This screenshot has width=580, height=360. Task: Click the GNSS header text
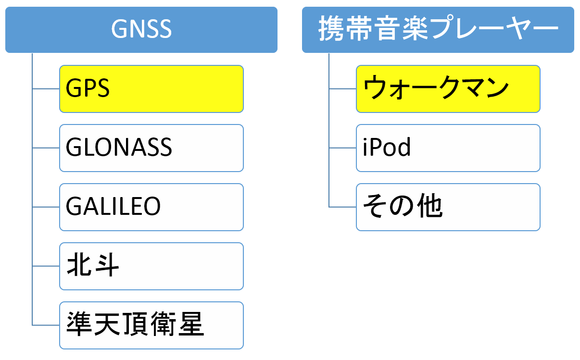(x=141, y=29)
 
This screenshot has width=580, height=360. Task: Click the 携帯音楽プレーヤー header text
(x=438, y=28)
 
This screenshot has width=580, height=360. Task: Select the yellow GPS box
(x=151, y=89)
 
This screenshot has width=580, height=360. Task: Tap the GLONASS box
(x=151, y=148)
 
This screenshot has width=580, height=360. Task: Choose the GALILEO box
(x=151, y=207)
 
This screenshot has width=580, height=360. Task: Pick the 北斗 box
(x=151, y=266)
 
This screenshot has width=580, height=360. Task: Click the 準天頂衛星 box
(x=151, y=325)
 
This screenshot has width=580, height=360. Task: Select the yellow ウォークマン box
(x=448, y=89)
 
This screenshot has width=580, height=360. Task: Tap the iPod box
(x=448, y=148)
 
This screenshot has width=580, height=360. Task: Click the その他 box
(x=448, y=207)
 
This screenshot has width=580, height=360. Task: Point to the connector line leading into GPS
(x=46, y=89)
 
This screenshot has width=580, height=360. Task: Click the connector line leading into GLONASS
(x=46, y=148)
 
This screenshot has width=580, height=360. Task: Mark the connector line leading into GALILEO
(x=46, y=207)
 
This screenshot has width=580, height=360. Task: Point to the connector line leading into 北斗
(x=46, y=266)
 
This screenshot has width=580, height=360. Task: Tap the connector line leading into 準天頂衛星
(x=46, y=325)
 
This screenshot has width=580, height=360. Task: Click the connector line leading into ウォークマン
(x=342, y=89)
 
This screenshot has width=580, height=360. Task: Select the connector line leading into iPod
(x=342, y=148)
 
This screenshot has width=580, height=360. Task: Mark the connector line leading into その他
(x=342, y=207)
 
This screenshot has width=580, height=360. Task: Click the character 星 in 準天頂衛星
(x=191, y=324)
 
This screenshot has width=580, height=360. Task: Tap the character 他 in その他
(x=430, y=206)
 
